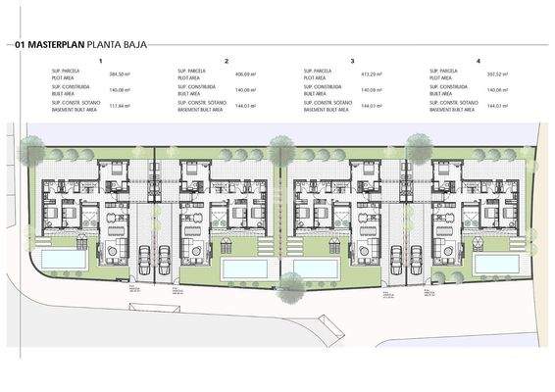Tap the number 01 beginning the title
pos(20,45)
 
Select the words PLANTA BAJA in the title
pos(118,45)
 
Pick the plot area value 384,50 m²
pos(120,74)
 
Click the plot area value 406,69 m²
pos(245,74)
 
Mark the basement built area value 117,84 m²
pos(120,106)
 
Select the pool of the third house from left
pos(315,268)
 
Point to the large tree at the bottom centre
pos(290,285)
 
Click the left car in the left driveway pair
pos(143,260)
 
